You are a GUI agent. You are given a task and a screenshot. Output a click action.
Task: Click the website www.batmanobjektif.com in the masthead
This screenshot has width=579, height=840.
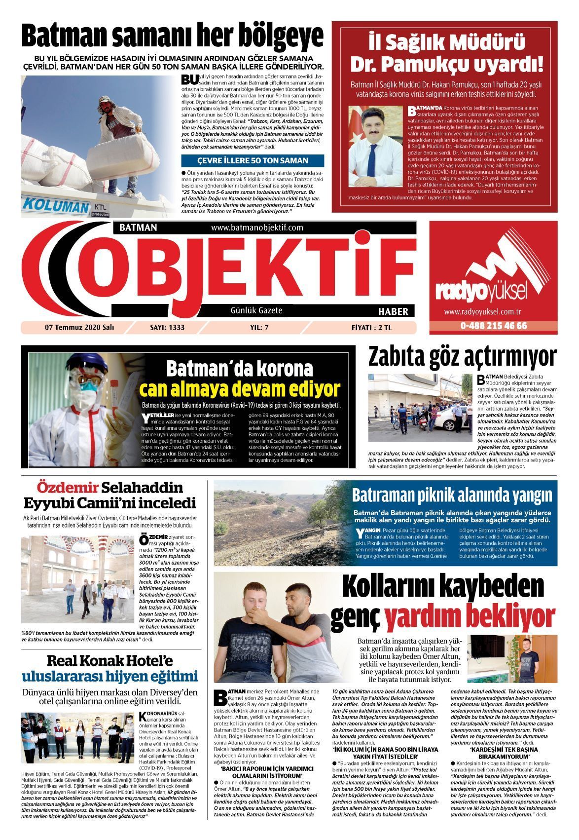click(257, 228)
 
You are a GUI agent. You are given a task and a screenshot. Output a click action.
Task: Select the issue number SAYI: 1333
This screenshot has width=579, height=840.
click(167, 327)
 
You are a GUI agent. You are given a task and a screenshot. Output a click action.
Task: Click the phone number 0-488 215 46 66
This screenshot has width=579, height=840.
click(493, 326)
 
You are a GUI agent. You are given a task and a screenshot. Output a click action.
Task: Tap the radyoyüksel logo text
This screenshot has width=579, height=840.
click(482, 291)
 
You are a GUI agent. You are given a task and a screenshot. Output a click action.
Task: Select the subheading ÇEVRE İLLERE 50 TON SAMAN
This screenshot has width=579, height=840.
click(253, 160)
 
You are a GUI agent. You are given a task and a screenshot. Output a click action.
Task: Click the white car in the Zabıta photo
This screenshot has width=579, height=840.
click(450, 422)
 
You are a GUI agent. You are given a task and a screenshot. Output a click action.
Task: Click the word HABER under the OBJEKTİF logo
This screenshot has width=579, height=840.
click(393, 311)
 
